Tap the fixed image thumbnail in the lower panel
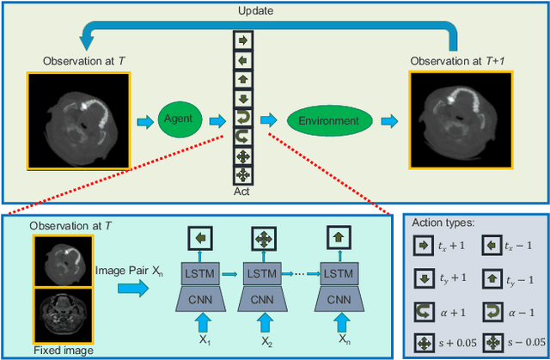(58, 315)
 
